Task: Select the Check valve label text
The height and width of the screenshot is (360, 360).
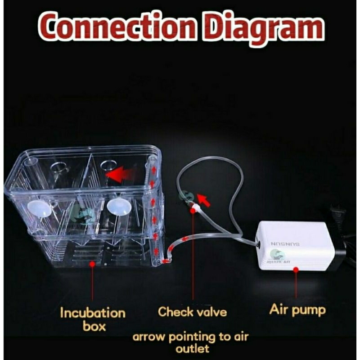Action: tap(192, 311)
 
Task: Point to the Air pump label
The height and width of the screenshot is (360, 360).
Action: tap(297, 310)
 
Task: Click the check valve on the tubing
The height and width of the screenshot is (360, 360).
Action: tap(195, 208)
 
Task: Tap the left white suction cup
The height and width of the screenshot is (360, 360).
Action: tap(39, 208)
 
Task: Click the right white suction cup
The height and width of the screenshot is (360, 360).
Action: tap(118, 207)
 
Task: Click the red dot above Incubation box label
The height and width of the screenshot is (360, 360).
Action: tap(92, 265)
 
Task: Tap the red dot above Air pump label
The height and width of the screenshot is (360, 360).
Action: tap(296, 270)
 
